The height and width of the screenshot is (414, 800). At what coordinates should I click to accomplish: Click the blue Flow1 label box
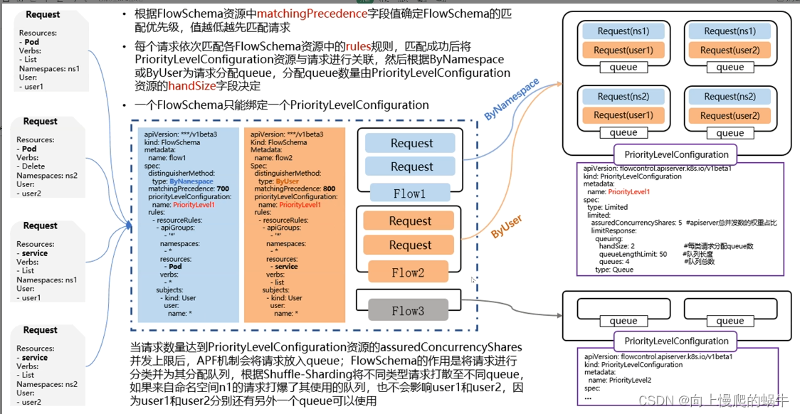(x=409, y=193)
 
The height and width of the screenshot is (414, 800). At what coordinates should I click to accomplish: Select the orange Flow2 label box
(x=409, y=272)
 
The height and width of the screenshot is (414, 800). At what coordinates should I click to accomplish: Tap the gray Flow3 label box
(x=409, y=310)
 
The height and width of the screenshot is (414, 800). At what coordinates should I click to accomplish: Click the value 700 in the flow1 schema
(x=223, y=189)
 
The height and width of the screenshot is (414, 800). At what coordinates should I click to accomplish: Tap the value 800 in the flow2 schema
(x=329, y=189)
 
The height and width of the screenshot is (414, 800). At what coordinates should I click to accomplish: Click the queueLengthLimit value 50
(x=663, y=253)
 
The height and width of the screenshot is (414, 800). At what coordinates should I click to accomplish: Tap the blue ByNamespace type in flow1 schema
(x=191, y=181)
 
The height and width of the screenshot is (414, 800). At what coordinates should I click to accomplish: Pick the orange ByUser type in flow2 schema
(x=288, y=181)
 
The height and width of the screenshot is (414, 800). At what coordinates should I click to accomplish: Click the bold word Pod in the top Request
(x=31, y=42)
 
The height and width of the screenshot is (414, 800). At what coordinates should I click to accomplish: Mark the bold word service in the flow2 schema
(x=286, y=267)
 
